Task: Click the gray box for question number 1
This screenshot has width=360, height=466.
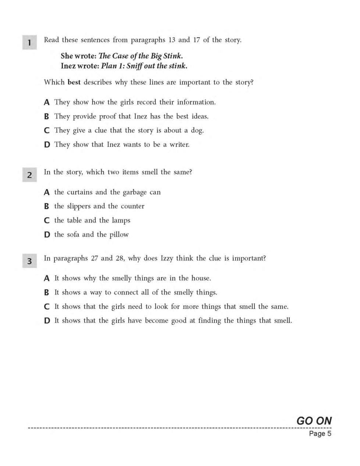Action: point(29,42)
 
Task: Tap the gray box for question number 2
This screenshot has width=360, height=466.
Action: point(29,174)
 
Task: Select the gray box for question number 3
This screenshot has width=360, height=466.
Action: point(29,261)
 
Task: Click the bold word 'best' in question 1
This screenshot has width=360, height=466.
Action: point(74,82)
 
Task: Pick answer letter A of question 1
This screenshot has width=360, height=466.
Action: point(47,102)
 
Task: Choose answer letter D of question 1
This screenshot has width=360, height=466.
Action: point(47,145)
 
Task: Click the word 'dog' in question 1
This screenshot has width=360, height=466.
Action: point(197,131)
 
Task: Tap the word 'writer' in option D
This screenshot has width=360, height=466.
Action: point(179,145)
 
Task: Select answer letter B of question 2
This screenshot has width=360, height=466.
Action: point(46,206)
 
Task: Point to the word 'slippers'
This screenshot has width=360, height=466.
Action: point(79,206)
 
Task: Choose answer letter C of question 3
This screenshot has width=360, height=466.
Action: point(47,307)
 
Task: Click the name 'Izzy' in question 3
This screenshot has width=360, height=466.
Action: point(167,258)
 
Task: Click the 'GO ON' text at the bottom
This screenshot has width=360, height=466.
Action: point(314,421)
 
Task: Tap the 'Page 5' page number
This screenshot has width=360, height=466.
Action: point(320,434)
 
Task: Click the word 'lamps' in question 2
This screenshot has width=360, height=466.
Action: point(121,220)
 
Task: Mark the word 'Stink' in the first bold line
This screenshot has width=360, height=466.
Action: point(172,56)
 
